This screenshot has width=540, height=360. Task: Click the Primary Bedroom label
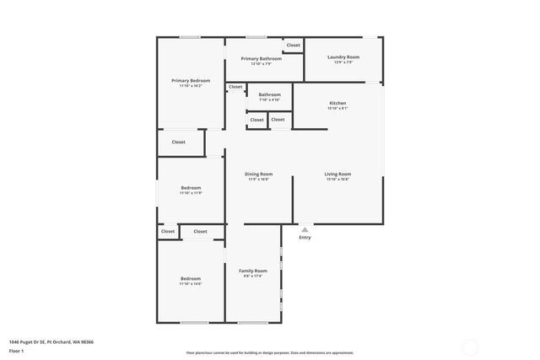[191, 81]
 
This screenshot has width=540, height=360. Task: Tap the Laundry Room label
[343, 56]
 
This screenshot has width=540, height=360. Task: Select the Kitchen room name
[337, 103]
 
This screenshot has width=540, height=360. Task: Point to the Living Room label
[337, 174]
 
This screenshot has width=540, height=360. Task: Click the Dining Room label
[258, 174]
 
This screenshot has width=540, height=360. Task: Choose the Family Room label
[252, 271]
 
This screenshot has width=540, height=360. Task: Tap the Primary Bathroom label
[261, 58]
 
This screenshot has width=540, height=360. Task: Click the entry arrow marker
[305, 228]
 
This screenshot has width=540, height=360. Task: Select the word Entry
[305, 237]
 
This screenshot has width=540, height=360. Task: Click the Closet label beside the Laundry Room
[293, 45]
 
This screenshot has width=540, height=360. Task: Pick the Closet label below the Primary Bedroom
[179, 142]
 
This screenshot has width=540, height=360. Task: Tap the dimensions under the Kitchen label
[337, 108]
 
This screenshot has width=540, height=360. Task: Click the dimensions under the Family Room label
[252, 276]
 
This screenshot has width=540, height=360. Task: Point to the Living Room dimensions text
[337, 179]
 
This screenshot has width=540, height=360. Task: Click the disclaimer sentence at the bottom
[270, 352]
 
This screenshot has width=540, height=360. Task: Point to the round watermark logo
[471, 346]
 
